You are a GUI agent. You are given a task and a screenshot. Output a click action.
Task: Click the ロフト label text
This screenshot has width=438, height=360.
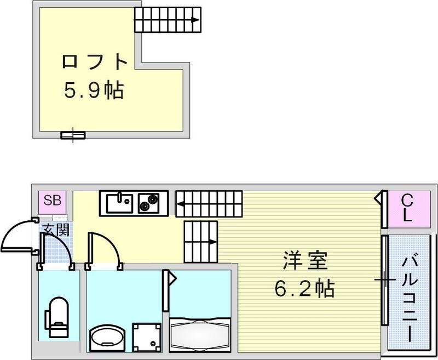[x=95, y=61]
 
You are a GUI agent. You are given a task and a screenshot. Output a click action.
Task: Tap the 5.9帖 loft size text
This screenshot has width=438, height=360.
[x=94, y=89]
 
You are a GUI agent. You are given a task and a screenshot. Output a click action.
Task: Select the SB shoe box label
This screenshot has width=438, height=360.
[x=52, y=200]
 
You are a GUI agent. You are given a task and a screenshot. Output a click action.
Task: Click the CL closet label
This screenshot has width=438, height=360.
[x=406, y=208]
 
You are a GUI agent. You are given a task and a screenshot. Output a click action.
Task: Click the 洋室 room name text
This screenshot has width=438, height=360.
[x=306, y=262]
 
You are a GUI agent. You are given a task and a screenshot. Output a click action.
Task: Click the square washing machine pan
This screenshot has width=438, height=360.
[x=146, y=335]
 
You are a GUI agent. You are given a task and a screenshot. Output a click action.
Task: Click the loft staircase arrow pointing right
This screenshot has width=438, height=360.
[x=194, y=21]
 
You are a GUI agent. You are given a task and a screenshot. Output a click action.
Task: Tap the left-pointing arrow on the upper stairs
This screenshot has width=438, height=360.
[x=181, y=206]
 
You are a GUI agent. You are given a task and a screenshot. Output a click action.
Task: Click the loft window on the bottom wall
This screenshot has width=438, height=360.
[x=73, y=134]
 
